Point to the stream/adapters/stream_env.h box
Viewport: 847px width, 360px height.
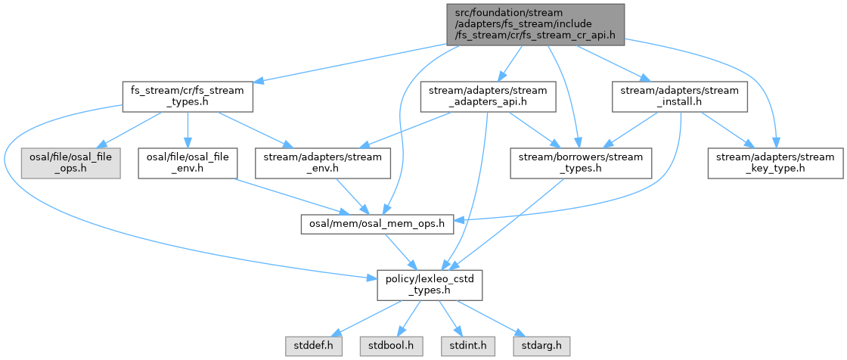click(323, 163)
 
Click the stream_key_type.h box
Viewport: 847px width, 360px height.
click(775, 163)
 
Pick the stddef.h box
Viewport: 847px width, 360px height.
click(314, 346)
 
